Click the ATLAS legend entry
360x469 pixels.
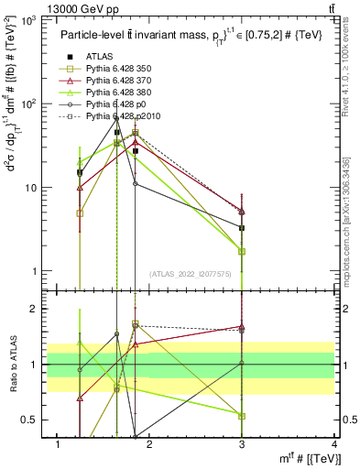click(99, 57)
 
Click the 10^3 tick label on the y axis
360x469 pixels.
click(29, 19)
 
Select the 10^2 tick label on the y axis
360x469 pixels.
click(29, 104)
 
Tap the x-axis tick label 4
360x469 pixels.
click(334, 444)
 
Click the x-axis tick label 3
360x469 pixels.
click(242, 444)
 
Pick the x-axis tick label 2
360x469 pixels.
click(150, 444)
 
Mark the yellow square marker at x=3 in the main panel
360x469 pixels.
click(242, 251)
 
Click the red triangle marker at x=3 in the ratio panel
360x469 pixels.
click(242, 326)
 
